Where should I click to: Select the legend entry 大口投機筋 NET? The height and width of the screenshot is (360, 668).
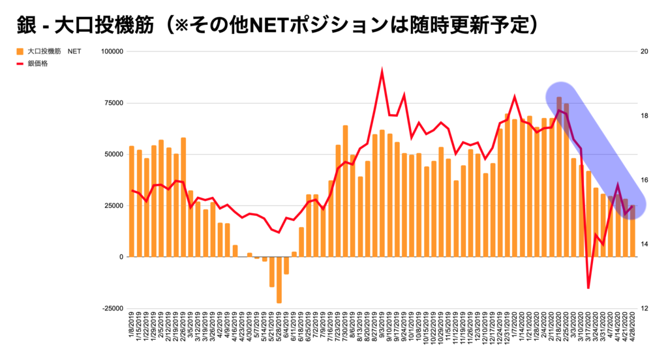[49, 50]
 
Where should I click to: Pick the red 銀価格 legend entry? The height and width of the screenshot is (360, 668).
[37, 63]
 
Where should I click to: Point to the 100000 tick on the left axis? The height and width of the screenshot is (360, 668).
[110, 52]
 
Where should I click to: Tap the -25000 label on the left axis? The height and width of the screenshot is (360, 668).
[111, 308]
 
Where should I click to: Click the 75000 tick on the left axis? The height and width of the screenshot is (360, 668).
[112, 103]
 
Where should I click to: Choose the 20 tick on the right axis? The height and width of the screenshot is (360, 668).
[646, 52]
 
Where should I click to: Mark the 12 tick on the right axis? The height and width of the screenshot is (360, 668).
[646, 308]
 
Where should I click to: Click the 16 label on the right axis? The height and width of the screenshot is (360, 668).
[646, 180]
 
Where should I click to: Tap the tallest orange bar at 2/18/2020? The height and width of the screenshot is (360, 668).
[559, 177]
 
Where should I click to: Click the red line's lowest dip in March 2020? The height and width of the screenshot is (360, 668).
[588, 288]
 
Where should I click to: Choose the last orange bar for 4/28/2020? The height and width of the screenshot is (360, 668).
[632, 231]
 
